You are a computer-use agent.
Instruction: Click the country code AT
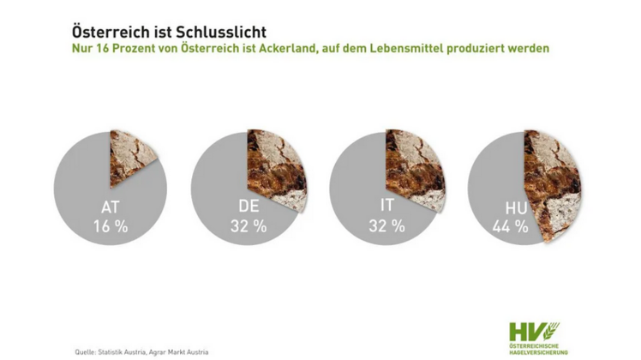click(110, 208)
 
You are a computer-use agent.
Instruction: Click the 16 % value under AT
click(110, 227)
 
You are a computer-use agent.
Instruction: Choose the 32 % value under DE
click(249, 227)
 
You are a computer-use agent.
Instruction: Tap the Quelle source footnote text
click(141, 351)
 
